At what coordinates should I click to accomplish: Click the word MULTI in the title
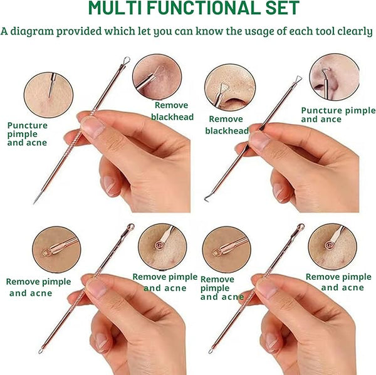[115, 8]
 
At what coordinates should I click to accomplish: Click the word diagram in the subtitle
[32, 31]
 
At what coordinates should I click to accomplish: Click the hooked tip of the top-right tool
[206, 199]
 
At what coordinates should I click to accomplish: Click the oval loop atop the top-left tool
[127, 60]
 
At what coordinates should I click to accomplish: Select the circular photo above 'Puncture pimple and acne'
[48, 95]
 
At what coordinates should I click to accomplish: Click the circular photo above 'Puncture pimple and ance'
[335, 77]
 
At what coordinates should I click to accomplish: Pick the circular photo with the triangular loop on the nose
[230, 88]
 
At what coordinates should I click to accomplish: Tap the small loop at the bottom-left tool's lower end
[41, 351]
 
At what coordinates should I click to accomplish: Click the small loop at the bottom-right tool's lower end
[211, 351]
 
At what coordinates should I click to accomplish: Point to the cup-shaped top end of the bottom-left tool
[131, 226]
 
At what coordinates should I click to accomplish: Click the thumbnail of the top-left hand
[93, 127]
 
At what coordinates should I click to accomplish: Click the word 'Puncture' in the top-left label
[28, 125]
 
